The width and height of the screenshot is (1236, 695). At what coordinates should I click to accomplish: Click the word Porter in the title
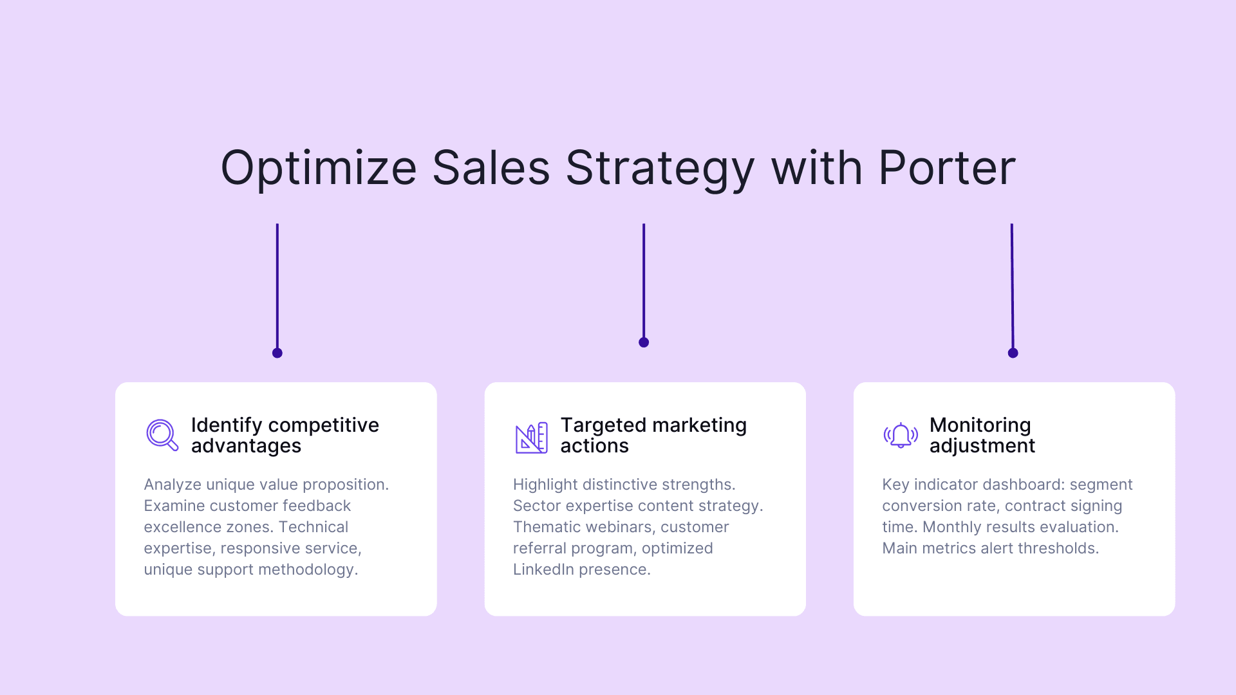click(946, 168)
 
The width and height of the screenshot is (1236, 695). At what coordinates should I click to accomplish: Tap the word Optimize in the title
click(319, 168)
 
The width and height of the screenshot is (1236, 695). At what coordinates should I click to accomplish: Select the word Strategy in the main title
click(660, 168)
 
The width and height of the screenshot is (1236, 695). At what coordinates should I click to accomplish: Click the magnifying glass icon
click(162, 435)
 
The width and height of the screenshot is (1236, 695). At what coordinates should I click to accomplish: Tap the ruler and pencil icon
click(531, 438)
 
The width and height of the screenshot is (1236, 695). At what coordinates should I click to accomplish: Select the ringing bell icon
click(901, 436)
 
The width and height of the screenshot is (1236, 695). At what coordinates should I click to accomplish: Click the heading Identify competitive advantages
click(285, 435)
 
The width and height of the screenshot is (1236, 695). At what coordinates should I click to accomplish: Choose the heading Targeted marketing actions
click(653, 435)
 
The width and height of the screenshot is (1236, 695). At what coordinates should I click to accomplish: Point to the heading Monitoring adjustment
click(982, 435)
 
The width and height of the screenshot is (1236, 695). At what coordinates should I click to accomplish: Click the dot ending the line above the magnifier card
click(277, 353)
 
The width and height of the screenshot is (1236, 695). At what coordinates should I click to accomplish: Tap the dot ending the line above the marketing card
click(644, 342)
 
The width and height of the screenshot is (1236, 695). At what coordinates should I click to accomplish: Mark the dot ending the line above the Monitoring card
click(1013, 353)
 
